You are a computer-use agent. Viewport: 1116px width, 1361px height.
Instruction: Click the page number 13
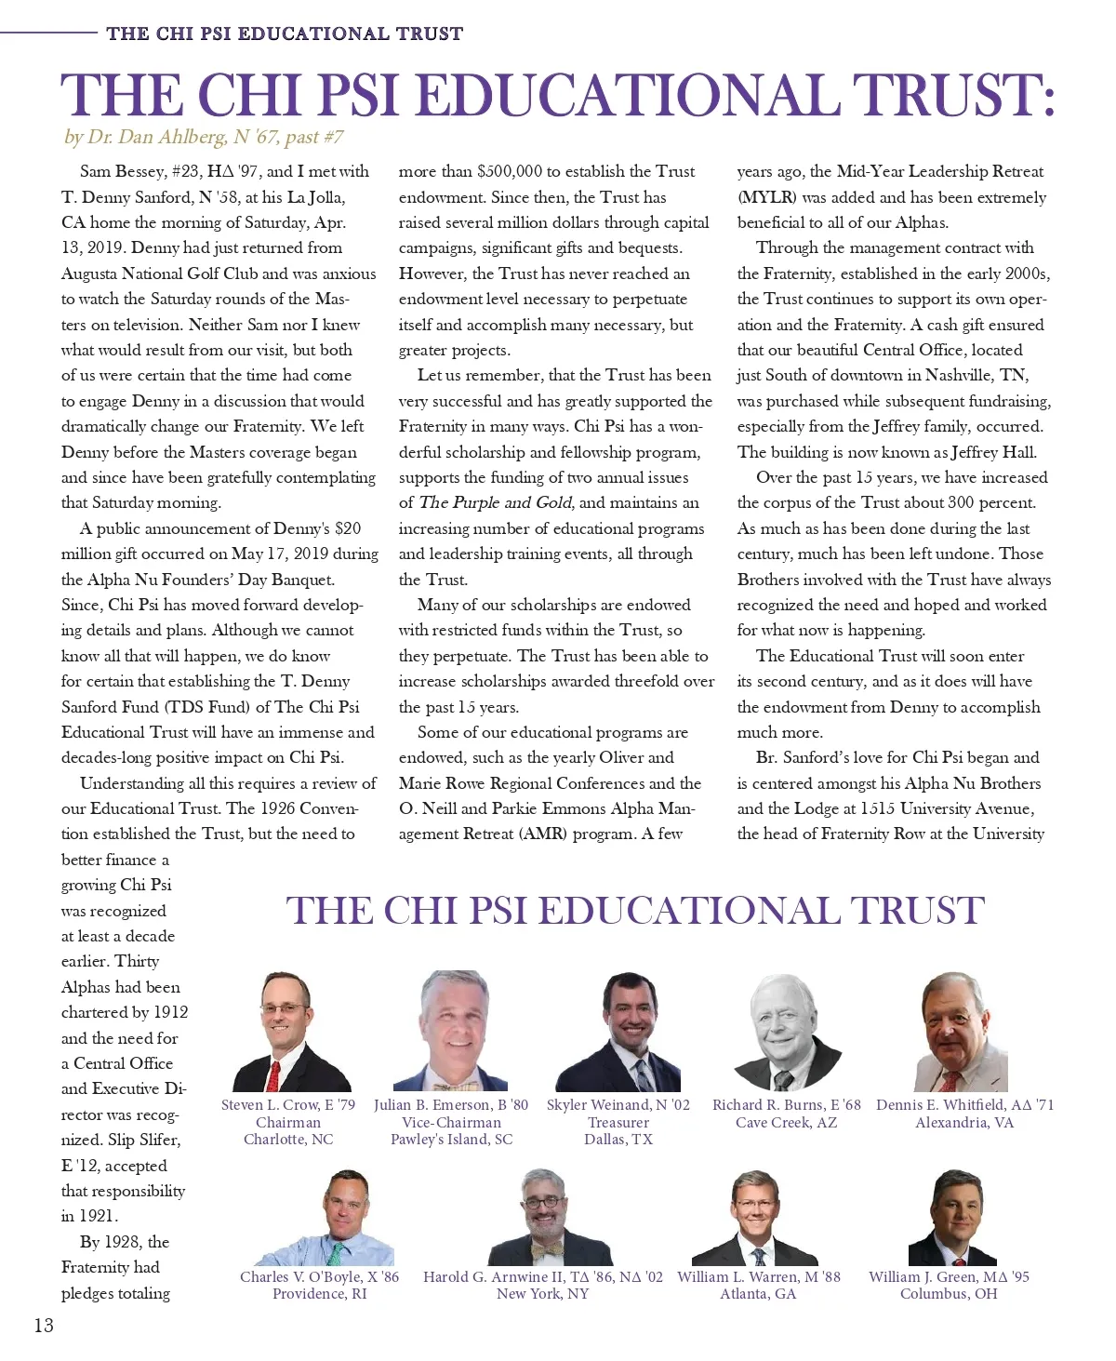tap(43, 1326)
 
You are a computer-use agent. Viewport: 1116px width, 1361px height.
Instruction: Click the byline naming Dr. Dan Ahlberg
tap(203, 138)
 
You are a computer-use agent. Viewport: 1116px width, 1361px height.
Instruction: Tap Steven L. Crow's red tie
tap(273, 1075)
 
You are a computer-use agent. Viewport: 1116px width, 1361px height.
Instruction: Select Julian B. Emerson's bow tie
tap(450, 1086)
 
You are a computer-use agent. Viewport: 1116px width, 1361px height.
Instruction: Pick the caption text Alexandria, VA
tap(964, 1123)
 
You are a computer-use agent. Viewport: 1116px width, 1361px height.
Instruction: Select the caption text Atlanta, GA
tap(758, 1294)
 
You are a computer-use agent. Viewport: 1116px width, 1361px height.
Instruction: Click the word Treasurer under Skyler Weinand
tap(618, 1123)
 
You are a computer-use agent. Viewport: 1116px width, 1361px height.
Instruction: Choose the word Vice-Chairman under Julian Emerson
tap(451, 1123)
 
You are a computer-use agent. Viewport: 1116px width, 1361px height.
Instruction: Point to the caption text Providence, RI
tap(320, 1294)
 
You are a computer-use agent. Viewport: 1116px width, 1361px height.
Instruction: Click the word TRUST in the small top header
tap(429, 34)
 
